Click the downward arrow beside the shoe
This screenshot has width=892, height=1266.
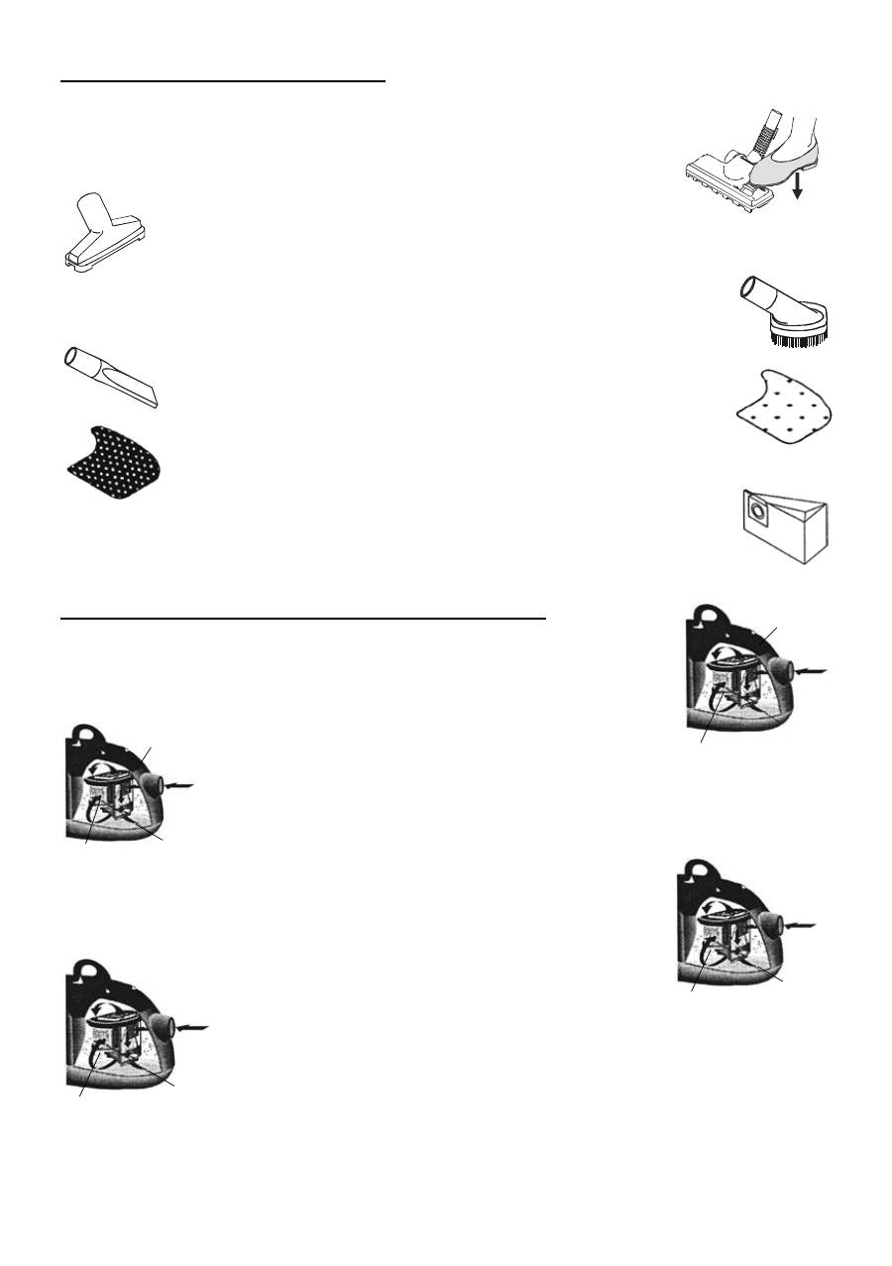pyautogui.click(x=797, y=182)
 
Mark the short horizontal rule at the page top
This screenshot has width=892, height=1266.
pyautogui.click(x=223, y=81)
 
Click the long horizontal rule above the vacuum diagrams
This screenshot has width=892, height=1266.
pyautogui.click(x=302, y=618)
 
